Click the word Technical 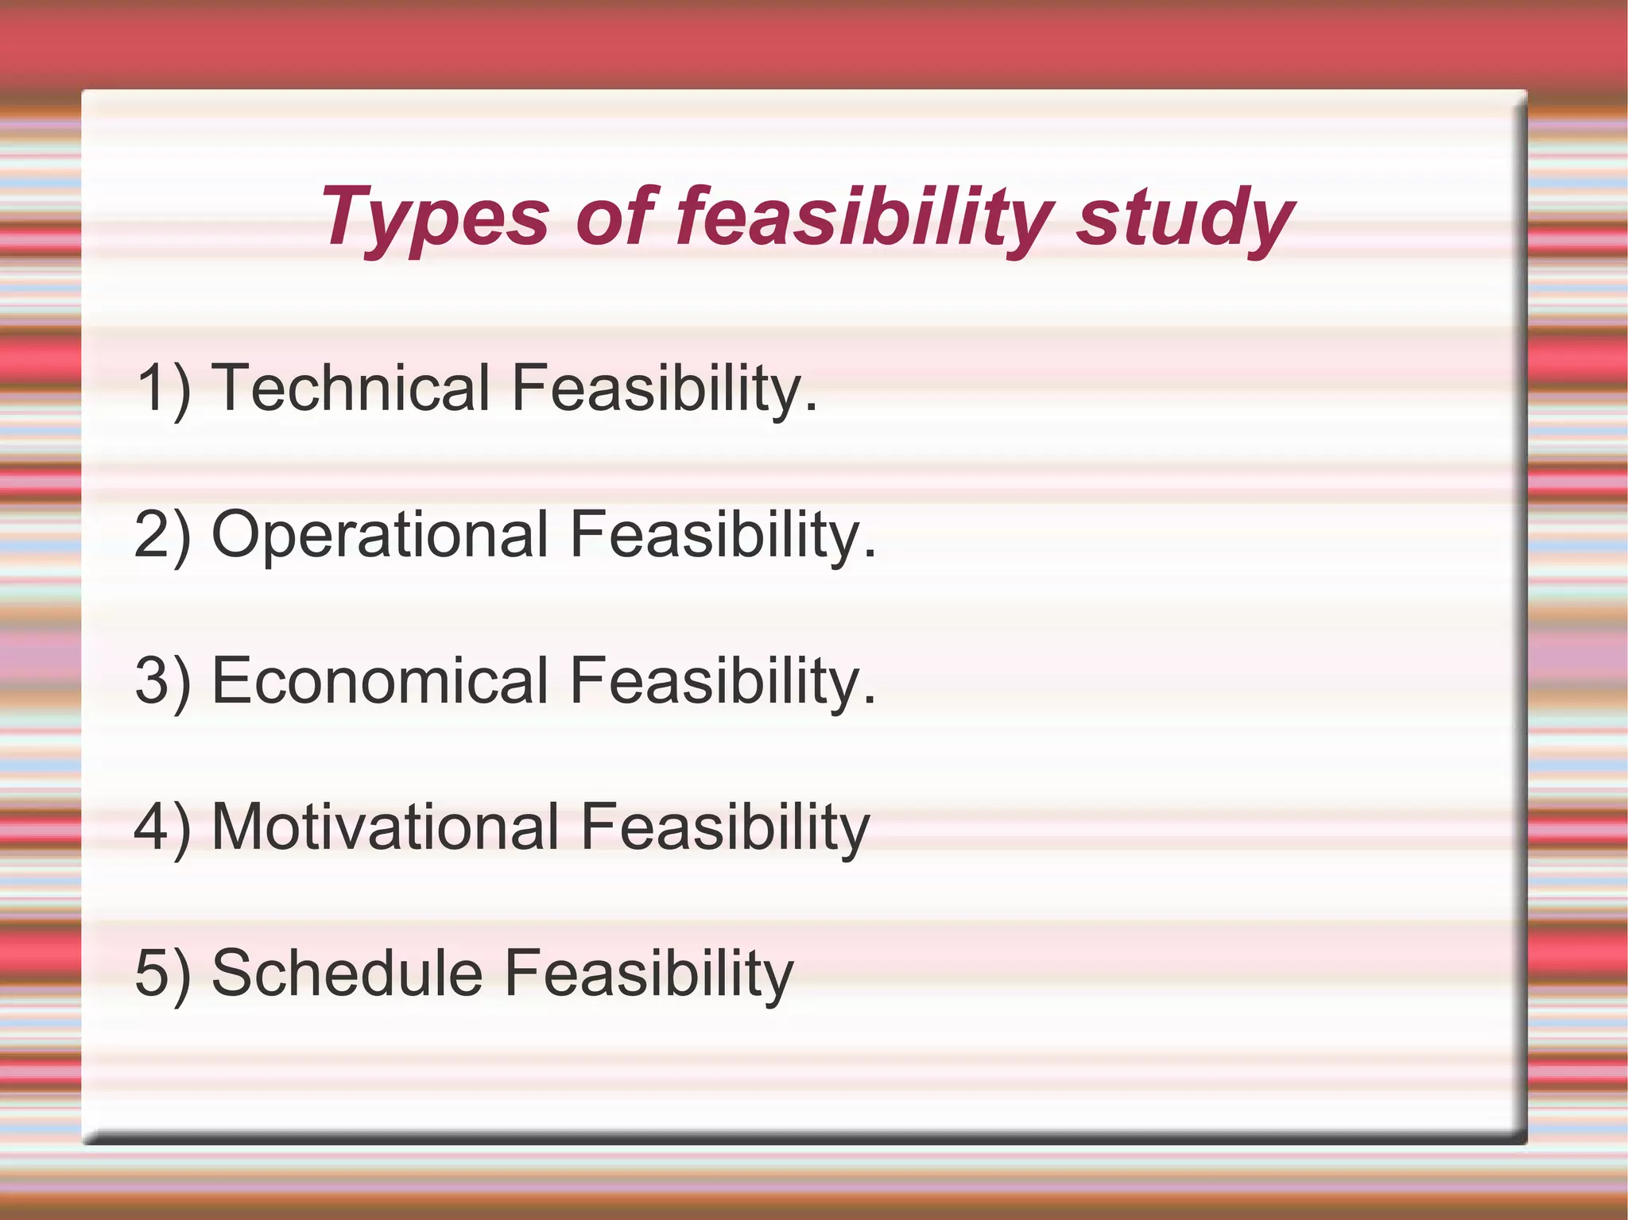351,388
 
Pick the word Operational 380,534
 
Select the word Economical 380,680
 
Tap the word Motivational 386,827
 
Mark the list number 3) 164,682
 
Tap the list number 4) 164,828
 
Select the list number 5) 164,974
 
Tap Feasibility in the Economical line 715,682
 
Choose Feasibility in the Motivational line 725,828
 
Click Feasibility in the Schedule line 649,974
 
